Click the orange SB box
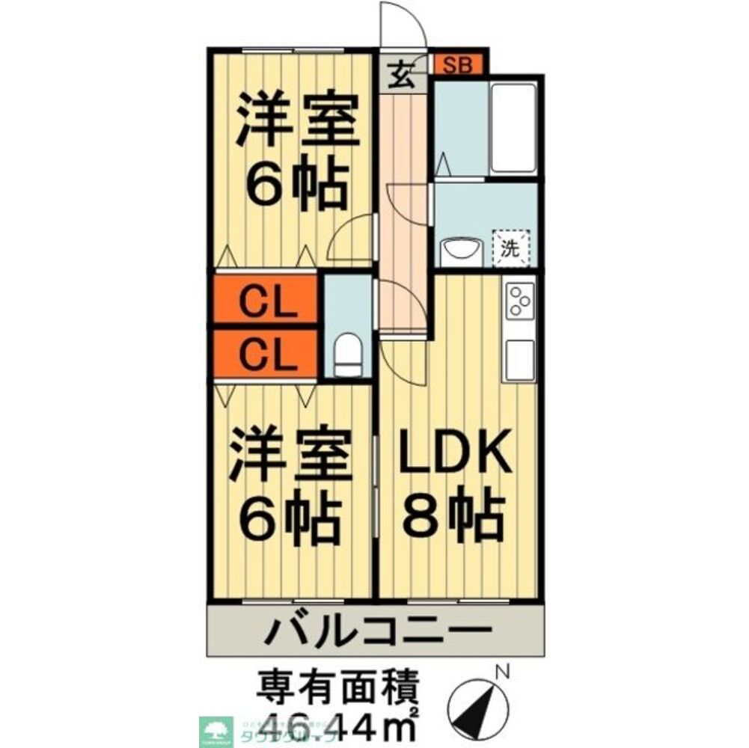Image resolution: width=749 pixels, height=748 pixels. pyautogui.click(x=459, y=64)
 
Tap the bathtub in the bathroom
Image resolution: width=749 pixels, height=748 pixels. pyautogui.click(x=513, y=127)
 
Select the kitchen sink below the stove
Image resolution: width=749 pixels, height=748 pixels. pyautogui.click(x=520, y=359)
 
